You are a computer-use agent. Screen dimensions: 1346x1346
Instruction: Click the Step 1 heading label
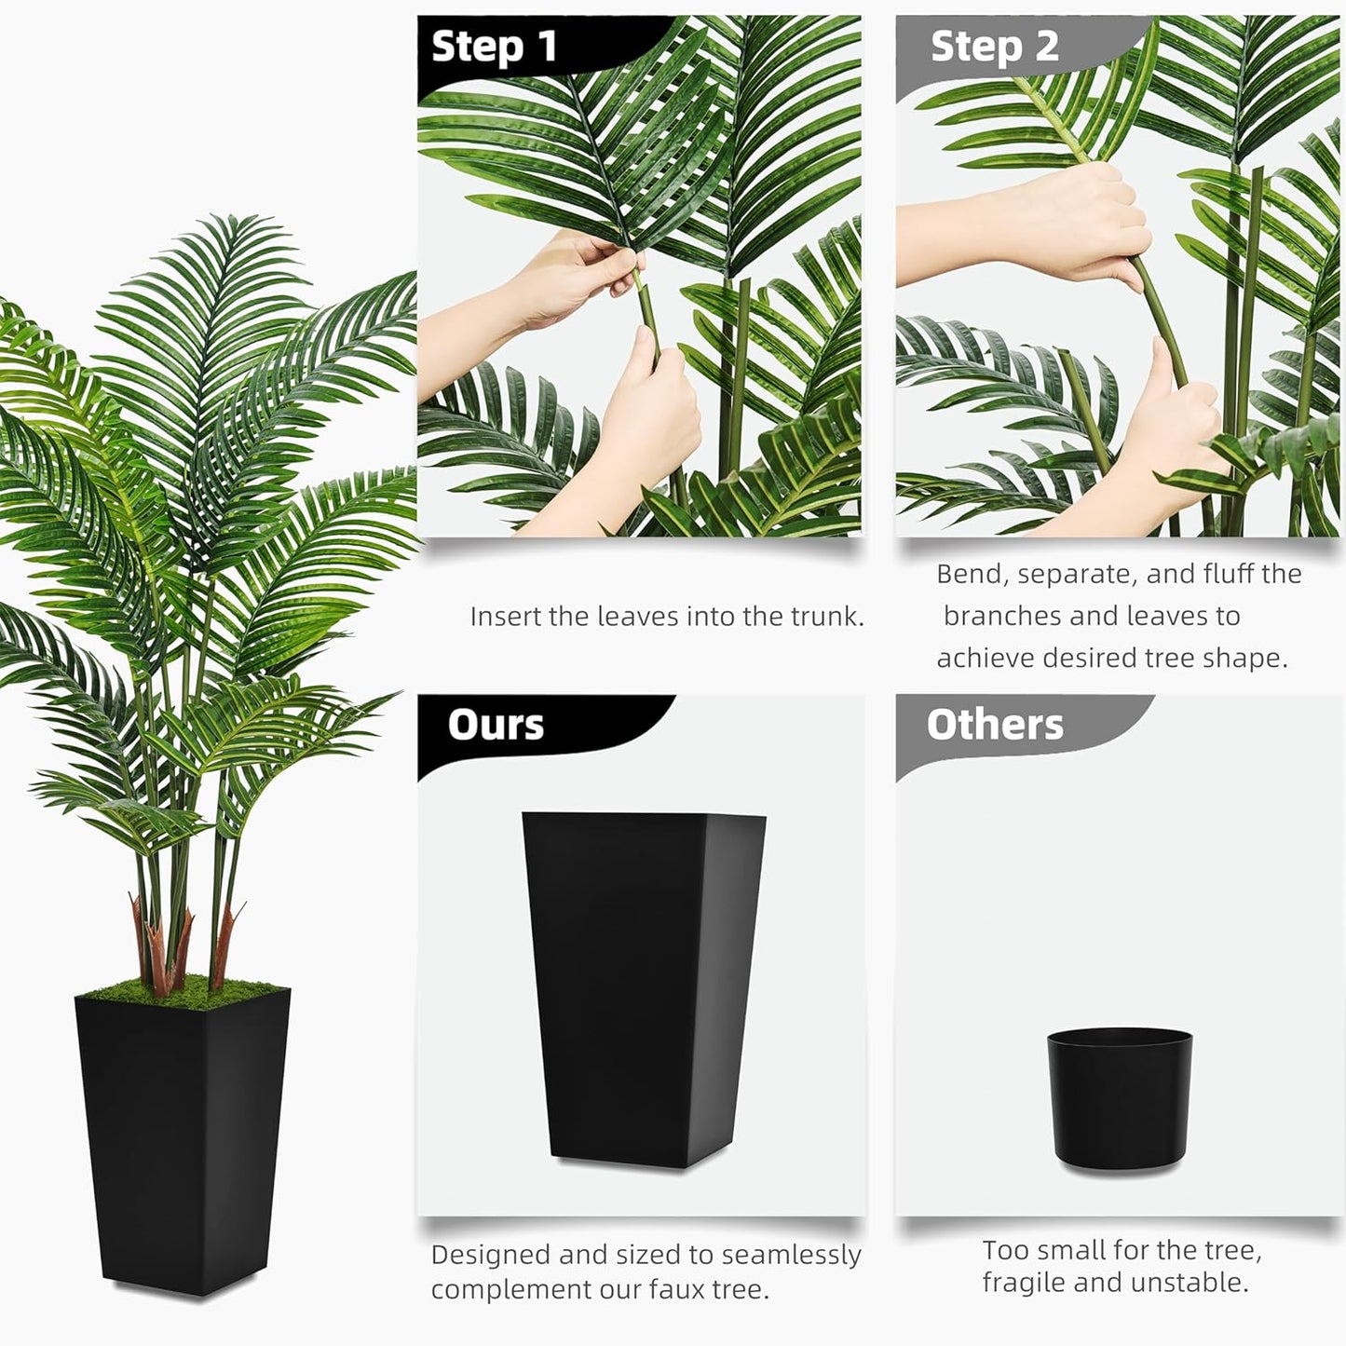tap(494, 47)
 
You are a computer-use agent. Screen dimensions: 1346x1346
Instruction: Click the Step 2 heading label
tap(994, 47)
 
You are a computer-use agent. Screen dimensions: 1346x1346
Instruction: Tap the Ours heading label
tap(496, 725)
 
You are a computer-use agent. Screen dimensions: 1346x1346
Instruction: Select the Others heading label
tap(994, 725)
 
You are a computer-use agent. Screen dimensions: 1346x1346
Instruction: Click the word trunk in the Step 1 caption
tap(825, 617)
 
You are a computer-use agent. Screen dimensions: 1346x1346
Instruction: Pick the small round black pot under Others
tap(1119, 1099)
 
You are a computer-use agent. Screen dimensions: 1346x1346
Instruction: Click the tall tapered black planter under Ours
tap(643, 987)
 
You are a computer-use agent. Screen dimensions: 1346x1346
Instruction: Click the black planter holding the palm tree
tap(183, 1136)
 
